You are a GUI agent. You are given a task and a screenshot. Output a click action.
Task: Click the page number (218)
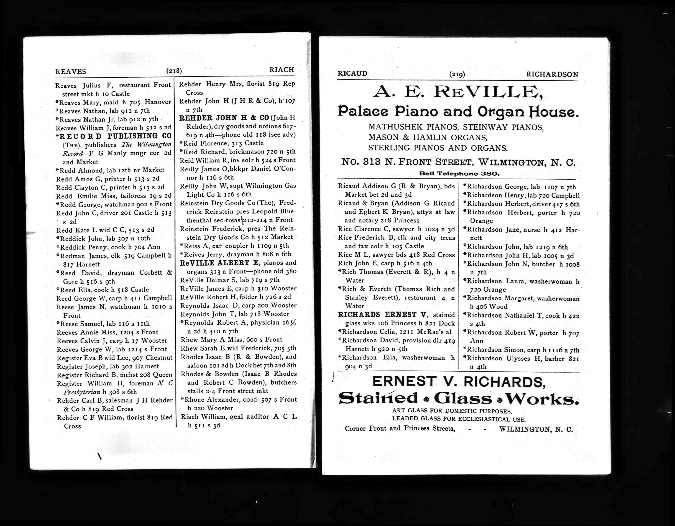click(x=174, y=71)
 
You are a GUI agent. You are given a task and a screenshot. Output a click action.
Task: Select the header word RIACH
click(x=281, y=70)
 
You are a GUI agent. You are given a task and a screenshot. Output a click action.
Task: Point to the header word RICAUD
click(x=353, y=74)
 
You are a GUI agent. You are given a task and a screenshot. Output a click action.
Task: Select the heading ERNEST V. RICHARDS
click(x=459, y=382)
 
